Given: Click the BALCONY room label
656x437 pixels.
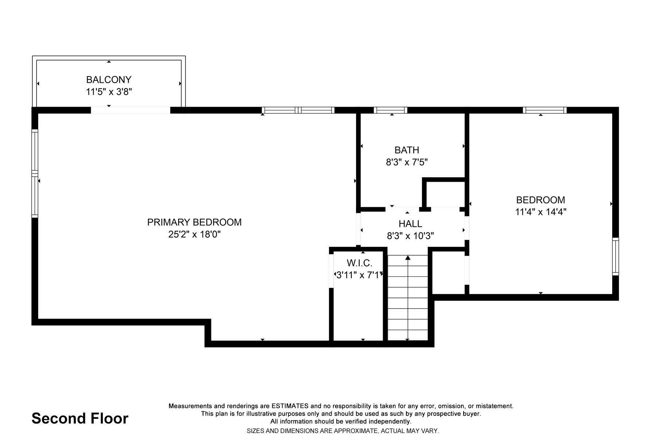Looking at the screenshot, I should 109,79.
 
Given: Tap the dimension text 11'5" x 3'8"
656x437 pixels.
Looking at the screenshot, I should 109,91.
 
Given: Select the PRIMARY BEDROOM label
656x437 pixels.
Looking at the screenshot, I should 194,222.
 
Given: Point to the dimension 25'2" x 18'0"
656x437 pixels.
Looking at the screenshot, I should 194,234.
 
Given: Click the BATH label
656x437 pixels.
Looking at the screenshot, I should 407,150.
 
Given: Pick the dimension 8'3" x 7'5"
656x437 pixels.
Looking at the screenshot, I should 407,162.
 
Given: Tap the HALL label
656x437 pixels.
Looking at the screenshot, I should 410,224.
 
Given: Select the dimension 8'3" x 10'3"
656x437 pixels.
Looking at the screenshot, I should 410,236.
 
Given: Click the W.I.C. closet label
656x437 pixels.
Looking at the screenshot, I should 359,263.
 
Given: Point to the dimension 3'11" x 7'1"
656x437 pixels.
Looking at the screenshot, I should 359,275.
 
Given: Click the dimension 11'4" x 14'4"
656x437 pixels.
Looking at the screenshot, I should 540,212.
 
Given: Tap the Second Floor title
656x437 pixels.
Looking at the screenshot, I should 80,418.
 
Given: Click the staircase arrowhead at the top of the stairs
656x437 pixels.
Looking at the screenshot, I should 408,258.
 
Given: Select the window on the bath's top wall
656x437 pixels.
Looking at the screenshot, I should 390,110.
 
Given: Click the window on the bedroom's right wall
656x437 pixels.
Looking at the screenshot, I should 616,256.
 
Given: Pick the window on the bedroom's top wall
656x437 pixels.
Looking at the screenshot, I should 544,110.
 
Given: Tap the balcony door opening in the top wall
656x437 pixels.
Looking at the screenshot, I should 130,110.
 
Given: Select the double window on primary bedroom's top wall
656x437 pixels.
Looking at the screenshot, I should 298,110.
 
